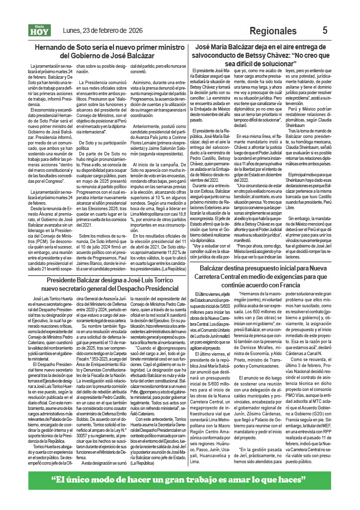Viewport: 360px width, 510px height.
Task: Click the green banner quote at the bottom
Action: coord(180,480)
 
